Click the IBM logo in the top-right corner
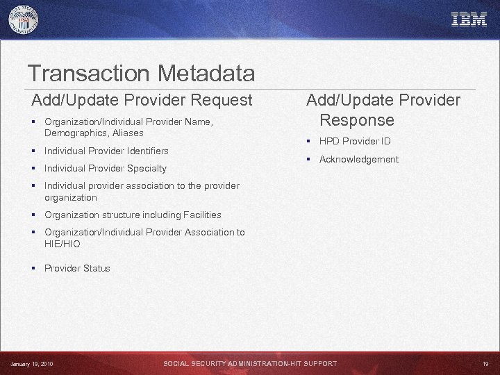469,19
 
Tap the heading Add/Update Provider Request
142,100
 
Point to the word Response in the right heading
356,120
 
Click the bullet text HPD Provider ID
355,141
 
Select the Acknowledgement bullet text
358,159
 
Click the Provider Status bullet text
77,268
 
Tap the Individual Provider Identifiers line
106,151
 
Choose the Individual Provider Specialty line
106,168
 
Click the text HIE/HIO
62,244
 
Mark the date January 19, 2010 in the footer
31,364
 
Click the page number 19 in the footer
485,364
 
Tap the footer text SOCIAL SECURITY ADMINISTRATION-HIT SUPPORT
250,364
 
